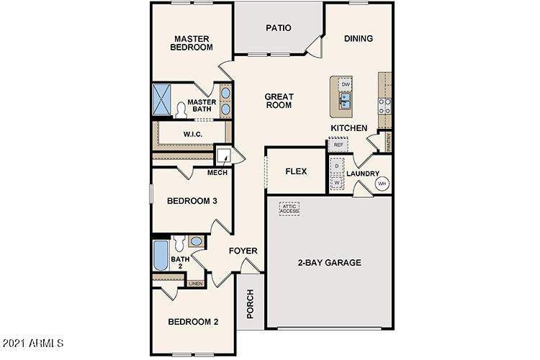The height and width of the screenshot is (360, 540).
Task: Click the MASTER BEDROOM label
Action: tap(192, 42)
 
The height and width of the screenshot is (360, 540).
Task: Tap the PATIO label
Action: tap(278, 28)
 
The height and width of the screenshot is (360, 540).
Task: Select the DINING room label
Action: tap(358, 38)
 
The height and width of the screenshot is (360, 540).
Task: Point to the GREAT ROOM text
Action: tap(278, 100)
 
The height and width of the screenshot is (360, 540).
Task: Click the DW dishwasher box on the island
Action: tap(346, 85)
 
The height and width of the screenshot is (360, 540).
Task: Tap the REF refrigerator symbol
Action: tap(338, 145)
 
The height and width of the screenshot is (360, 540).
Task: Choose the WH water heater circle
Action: tap(382, 184)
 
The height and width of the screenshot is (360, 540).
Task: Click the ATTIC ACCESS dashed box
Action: tap(289, 208)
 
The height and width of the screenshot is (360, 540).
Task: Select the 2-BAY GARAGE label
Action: tap(330, 262)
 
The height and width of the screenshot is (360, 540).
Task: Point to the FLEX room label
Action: tap(296, 171)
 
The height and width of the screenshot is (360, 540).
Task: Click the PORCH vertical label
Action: tap(250, 304)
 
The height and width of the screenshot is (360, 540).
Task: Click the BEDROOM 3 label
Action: tap(192, 201)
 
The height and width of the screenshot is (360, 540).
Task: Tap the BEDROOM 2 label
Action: tap(192, 321)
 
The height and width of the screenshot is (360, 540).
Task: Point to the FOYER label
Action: tap(243, 251)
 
